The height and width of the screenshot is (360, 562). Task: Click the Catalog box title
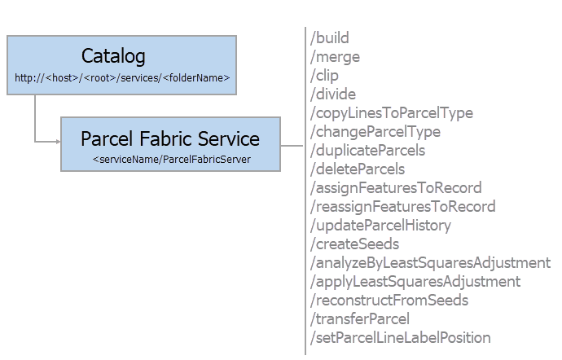click(113, 56)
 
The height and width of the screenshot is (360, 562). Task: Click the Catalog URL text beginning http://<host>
click(122, 78)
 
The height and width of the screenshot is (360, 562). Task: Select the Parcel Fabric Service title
click(170, 138)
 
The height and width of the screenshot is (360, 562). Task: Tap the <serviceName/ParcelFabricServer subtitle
click(170, 159)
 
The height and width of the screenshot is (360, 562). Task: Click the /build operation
click(330, 38)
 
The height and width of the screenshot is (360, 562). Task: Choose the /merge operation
click(335, 57)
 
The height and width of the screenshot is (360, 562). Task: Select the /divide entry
click(333, 94)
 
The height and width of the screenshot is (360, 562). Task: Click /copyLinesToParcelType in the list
click(391, 113)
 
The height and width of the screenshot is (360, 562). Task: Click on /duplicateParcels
click(367, 151)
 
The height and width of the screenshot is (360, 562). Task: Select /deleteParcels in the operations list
click(358, 169)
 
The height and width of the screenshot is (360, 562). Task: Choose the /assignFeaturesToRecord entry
click(396, 188)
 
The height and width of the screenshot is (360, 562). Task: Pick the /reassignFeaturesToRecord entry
click(402, 207)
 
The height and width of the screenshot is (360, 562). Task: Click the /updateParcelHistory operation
click(380, 226)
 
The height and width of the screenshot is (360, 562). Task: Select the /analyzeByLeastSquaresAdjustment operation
click(430, 263)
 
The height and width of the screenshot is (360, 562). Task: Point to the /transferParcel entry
click(360, 319)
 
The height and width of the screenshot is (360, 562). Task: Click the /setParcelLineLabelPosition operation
click(400, 338)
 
